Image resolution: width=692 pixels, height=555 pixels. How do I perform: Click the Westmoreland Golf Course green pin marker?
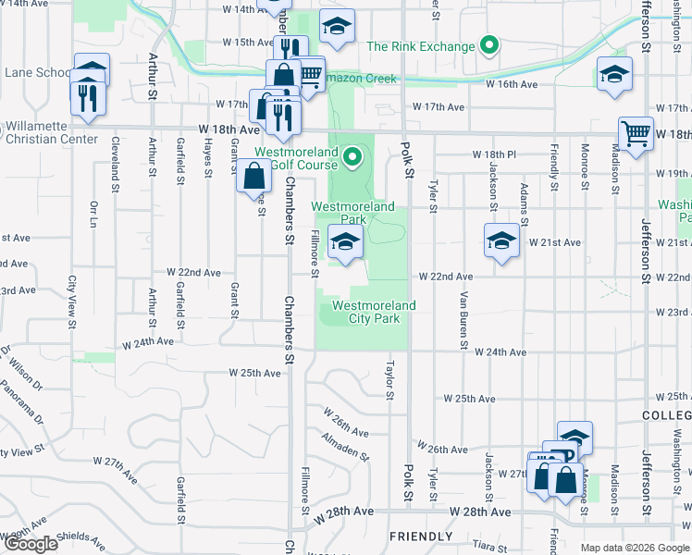pos(351,160)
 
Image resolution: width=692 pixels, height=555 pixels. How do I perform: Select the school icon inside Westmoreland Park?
pos(345,243)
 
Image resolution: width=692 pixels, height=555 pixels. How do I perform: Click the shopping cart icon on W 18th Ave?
pos(636,133)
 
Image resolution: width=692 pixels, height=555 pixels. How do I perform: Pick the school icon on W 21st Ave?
pos(501,241)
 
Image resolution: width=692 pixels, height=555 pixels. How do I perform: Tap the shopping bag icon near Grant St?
pos(253,175)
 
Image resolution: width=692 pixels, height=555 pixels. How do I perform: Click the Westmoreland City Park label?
pos(374,312)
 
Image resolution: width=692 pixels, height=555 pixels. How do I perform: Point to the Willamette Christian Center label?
pos(51,132)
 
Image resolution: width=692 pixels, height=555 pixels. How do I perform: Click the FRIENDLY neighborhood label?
pos(421,536)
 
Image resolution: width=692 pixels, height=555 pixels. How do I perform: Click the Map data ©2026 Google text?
pos(635,548)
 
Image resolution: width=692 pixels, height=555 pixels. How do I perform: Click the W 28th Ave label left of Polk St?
pos(343,511)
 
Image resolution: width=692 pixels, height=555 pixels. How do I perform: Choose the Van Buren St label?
pos(463,313)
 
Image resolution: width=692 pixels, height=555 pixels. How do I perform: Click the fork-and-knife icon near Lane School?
pos(87,98)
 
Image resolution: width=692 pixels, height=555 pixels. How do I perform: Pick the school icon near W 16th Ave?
pos(614,76)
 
